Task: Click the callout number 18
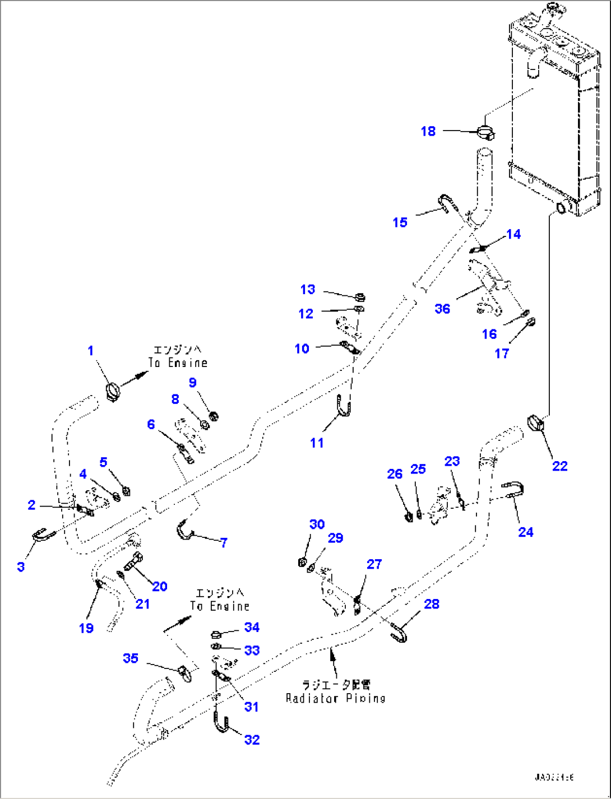click(428, 131)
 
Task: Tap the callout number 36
click(442, 308)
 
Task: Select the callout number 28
click(432, 604)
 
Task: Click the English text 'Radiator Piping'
click(336, 698)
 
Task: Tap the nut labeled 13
click(360, 296)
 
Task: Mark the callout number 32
click(252, 740)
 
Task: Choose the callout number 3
click(21, 566)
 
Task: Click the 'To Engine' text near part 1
click(178, 363)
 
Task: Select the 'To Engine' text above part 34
click(219, 606)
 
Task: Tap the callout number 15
click(400, 222)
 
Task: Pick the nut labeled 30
click(302, 562)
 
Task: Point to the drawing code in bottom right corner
click(554, 777)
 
